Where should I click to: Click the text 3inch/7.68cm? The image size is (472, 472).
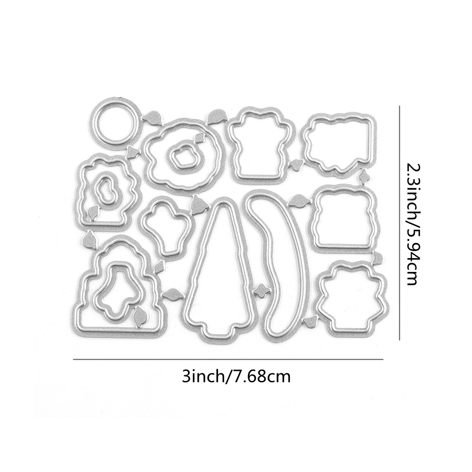pos(236,377)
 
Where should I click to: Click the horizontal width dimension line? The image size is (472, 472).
pos(228,359)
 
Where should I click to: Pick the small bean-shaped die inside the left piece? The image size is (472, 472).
pos(106,190)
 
